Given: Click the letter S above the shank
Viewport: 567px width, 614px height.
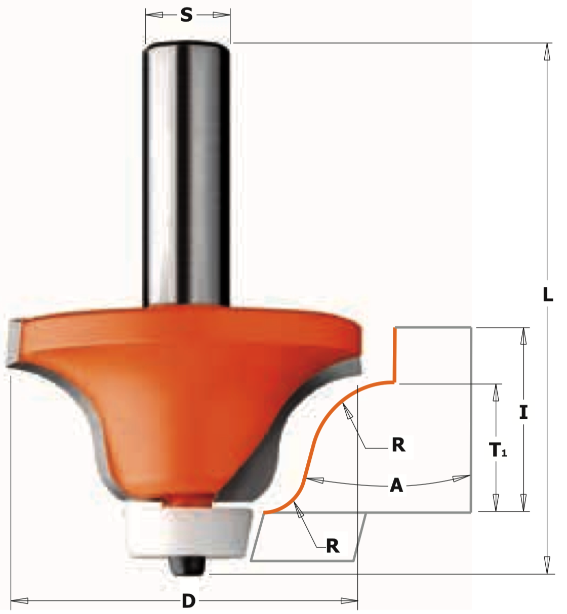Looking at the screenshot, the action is (186, 15).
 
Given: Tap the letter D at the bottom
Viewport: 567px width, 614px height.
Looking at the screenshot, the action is (189, 601).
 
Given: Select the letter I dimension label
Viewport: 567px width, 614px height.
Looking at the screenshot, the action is (523, 412).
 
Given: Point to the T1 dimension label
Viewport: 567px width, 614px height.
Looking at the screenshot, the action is (498, 450).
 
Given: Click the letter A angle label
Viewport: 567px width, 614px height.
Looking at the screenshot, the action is (396, 486).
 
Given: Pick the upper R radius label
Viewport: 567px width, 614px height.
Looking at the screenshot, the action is (398, 445).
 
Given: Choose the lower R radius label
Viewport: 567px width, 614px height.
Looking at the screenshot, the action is (333, 546).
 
